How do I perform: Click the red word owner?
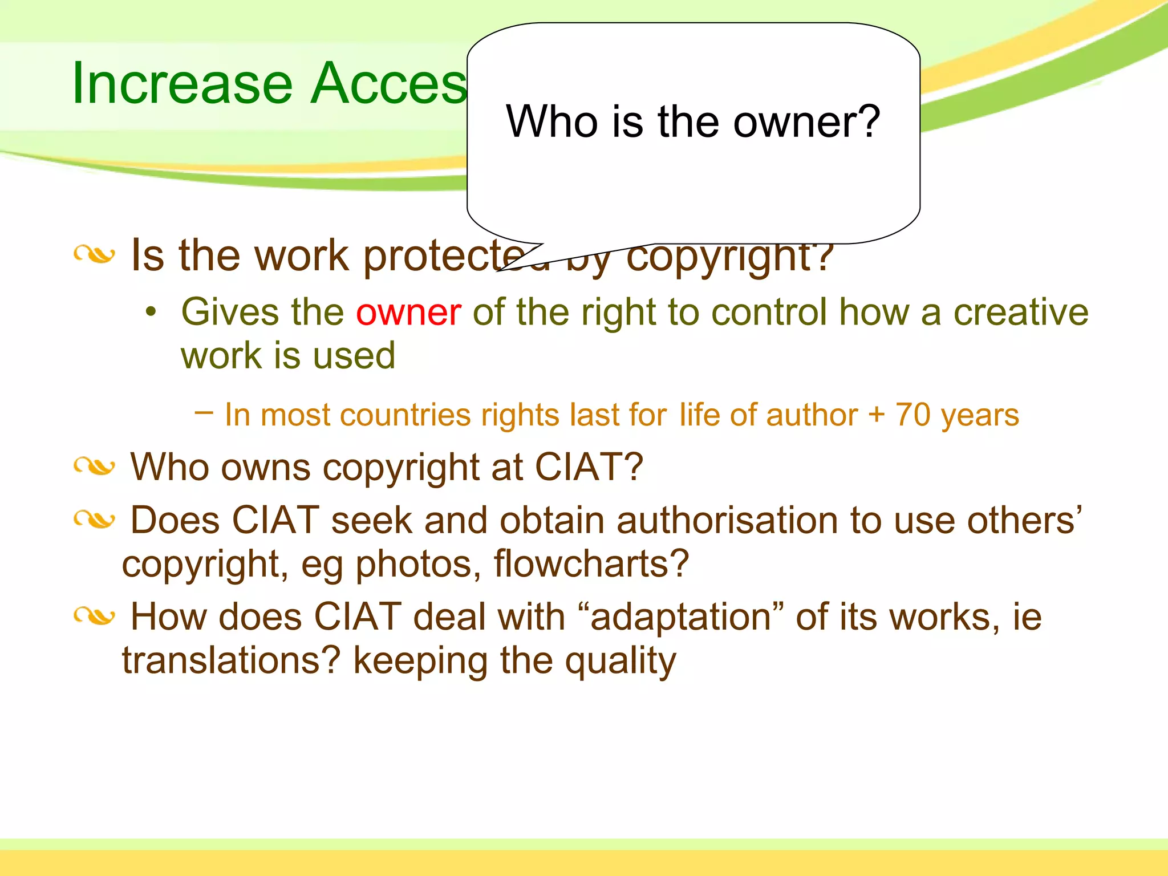coord(408,313)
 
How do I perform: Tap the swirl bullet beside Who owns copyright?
coord(94,467)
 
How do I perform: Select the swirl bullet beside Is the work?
coord(94,254)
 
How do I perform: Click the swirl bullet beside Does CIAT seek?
coord(94,520)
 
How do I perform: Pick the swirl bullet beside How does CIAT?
coord(94,616)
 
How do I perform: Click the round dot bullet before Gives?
coord(151,312)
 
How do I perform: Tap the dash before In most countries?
coord(204,412)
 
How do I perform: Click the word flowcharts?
coord(591,563)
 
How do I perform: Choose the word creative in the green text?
coord(1021,313)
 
